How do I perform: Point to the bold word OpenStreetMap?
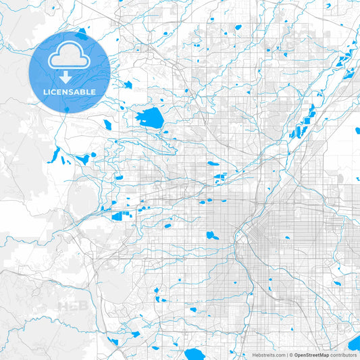coord(311,355)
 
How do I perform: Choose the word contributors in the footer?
coord(343,355)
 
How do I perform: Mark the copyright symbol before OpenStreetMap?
coord(291,355)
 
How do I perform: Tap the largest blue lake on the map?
coord(149,118)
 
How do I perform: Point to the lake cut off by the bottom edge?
coord(195,354)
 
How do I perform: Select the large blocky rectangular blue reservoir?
coord(122,216)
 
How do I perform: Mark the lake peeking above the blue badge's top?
coord(82,31)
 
